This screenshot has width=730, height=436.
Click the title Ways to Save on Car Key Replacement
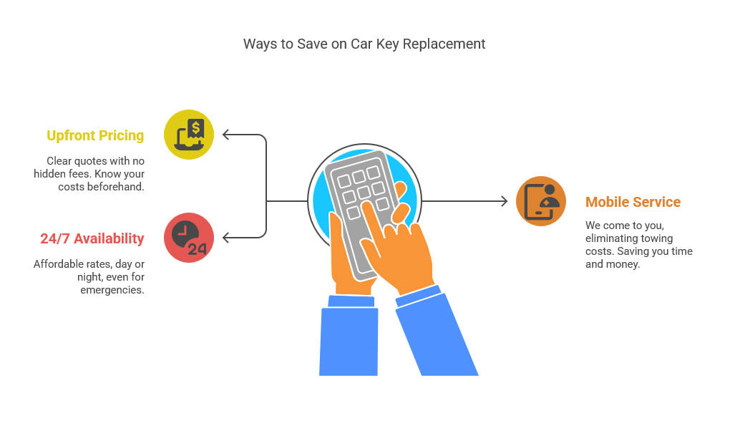coord(364,44)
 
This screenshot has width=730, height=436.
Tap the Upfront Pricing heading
coord(95,135)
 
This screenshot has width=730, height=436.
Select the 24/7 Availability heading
coord(92,238)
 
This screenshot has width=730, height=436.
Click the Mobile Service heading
coord(633,202)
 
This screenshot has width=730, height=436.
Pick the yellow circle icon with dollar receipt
coord(188,135)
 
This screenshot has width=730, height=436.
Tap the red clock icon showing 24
coord(188,238)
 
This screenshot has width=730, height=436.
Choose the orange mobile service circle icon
coord(541,201)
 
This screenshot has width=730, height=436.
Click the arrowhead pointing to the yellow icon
coord(225,135)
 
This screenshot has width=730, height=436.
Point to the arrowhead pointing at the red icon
coord(225,238)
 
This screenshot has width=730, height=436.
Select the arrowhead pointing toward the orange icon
coord(505,201)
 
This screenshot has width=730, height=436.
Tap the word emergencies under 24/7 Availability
coord(112,290)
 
